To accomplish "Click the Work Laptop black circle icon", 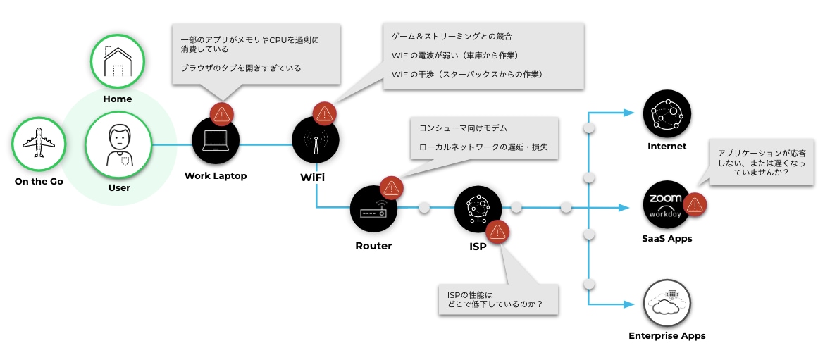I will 216,140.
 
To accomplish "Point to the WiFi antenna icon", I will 316,140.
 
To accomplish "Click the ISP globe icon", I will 478,209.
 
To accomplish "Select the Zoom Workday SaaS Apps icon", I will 666,204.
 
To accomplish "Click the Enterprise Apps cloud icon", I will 667,302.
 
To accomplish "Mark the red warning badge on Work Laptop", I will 221,113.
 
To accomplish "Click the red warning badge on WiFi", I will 324,113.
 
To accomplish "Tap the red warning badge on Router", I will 390,188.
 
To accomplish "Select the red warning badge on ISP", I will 497,231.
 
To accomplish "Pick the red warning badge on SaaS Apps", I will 695,204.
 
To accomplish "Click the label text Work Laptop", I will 216,175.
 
